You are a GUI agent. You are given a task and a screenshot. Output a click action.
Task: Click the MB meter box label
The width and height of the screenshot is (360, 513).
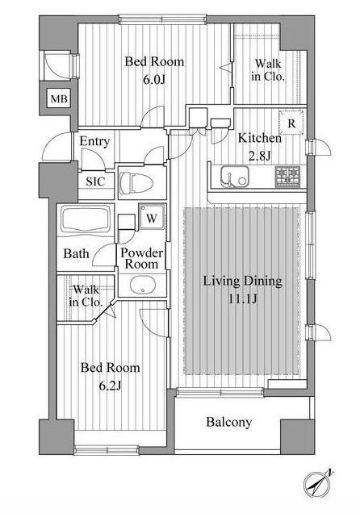tap(59, 98)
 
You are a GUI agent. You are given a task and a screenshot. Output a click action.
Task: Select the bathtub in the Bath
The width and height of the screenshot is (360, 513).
tap(86, 219)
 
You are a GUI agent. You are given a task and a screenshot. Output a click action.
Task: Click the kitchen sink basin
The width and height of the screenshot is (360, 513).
tap(234, 177)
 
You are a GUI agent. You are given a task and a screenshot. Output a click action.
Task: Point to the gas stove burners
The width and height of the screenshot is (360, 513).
tap(287, 177)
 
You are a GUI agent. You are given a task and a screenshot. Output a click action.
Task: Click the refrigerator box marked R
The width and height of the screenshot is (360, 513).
tap(291, 123)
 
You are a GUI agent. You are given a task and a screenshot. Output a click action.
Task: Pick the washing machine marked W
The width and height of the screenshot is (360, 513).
tap(151, 217)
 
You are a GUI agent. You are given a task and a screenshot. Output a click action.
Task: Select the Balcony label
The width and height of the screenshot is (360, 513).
tap(229, 422)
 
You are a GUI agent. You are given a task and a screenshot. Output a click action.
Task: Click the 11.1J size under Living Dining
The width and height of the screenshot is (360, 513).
tap(242, 298)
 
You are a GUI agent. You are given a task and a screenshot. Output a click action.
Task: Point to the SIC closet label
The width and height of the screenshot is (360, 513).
tap(95, 181)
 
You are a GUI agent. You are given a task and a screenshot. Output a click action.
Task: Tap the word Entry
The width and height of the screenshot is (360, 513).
tap(94, 142)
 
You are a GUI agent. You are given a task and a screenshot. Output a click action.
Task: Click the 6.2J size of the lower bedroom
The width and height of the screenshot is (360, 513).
tap(111, 386)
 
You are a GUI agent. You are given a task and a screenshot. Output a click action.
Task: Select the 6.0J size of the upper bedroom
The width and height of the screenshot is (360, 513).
tap(154, 79)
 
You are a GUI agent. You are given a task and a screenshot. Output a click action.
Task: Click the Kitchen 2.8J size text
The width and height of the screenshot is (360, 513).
tap(260, 156)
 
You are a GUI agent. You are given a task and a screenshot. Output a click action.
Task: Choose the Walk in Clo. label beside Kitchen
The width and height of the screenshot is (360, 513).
tap(268, 69)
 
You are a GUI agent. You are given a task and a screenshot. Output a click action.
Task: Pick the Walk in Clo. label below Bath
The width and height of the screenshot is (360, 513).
tap(86, 296)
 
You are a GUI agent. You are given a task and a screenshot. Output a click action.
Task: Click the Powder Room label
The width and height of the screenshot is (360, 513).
tap(141, 258)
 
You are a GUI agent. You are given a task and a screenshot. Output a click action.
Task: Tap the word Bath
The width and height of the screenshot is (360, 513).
tap(76, 253)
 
